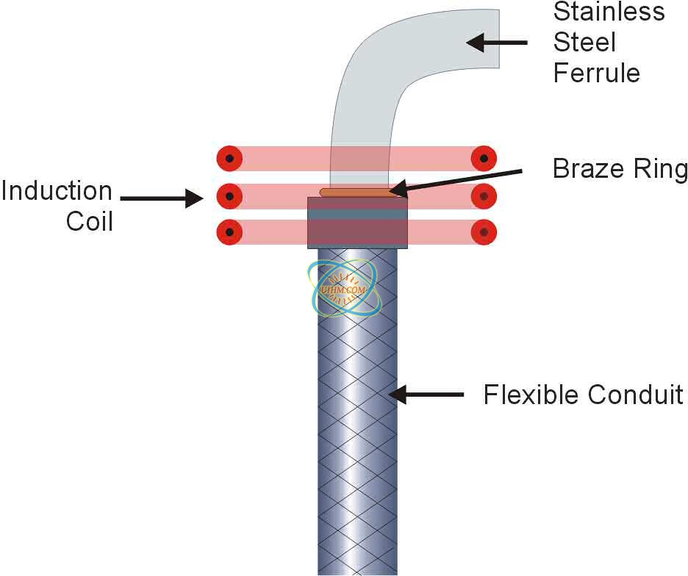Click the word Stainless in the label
[x=609, y=12]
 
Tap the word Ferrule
[x=596, y=73]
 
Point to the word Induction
[x=57, y=192]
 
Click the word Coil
[x=90, y=221]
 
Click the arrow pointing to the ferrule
[x=497, y=43]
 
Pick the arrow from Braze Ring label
[x=456, y=181]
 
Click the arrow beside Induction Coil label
[x=162, y=198]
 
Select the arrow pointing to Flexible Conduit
[x=426, y=395]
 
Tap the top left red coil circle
[x=230, y=158]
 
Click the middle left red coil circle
[x=230, y=196]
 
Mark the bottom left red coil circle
[x=230, y=233]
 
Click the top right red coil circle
[x=484, y=158]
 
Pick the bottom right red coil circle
[x=484, y=233]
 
